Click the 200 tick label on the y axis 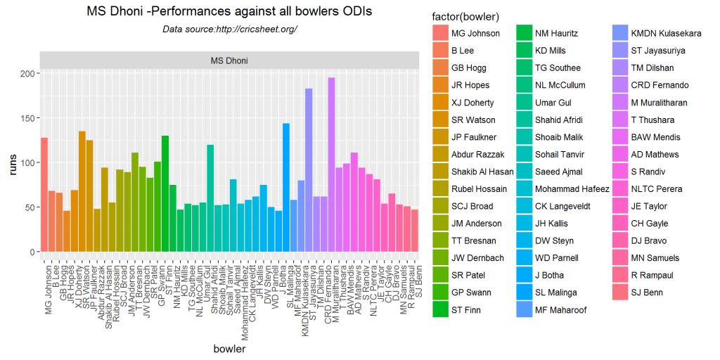click(27, 74)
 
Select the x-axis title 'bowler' click(229, 349)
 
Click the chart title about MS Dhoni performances click(229, 12)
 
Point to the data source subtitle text click(229, 29)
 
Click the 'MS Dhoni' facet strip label click(229, 60)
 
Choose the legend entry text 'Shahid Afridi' click(558, 120)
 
